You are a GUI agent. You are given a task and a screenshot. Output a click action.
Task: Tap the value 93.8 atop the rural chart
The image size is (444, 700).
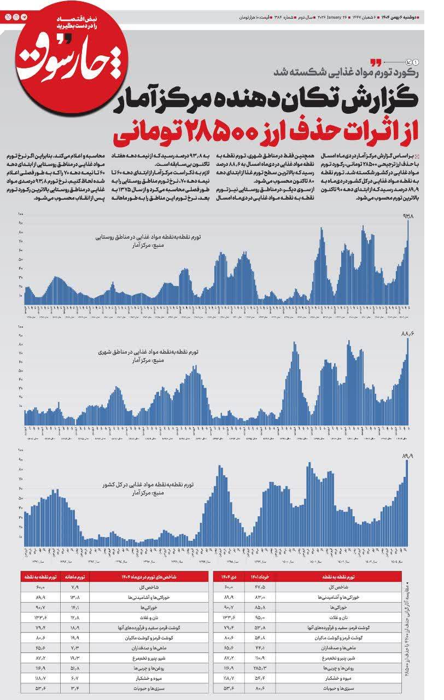[x=408, y=217]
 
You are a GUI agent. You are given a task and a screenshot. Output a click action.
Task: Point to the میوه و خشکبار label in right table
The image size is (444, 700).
[x=342, y=679]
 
